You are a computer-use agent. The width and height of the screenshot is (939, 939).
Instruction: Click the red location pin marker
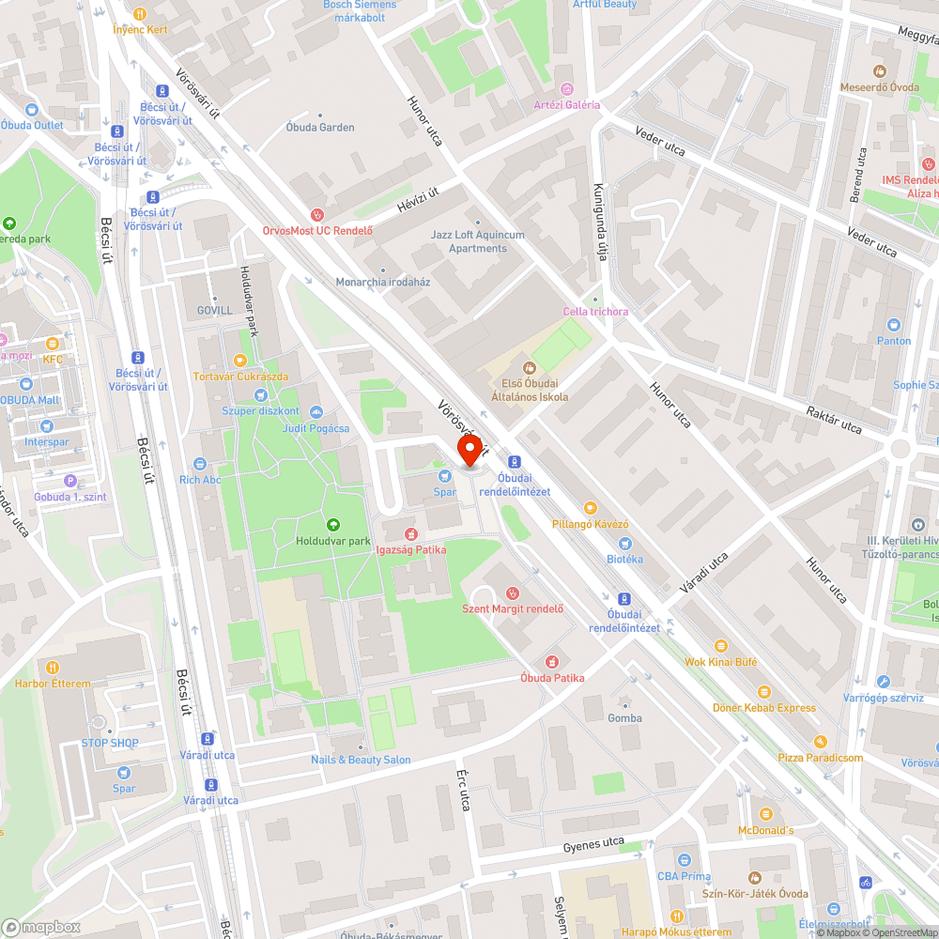[x=468, y=448]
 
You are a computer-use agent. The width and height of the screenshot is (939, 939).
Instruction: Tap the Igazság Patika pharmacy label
[x=410, y=549]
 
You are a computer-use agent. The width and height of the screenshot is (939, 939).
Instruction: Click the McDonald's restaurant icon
[x=765, y=813]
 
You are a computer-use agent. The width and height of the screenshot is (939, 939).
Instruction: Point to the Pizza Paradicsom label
[x=820, y=758]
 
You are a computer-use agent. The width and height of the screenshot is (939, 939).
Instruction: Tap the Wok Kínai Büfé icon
[x=720, y=646]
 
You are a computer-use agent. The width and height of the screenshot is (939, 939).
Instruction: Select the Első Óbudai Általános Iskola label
[x=530, y=390]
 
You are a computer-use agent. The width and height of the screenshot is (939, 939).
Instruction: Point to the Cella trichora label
[x=595, y=312]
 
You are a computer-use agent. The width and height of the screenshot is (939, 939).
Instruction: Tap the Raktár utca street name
[x=833, y=420]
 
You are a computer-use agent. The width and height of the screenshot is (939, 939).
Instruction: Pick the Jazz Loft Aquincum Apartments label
[x=477, y=241]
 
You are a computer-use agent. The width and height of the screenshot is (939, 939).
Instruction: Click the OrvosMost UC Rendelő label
[x=317, y=231]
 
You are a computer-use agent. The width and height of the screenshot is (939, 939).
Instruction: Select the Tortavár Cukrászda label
[x=240, y=377]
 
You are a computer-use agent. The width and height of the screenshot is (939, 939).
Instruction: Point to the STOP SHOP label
[x=110, y=743]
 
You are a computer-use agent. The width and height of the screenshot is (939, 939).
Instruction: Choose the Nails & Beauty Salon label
[x=361, y=760]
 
